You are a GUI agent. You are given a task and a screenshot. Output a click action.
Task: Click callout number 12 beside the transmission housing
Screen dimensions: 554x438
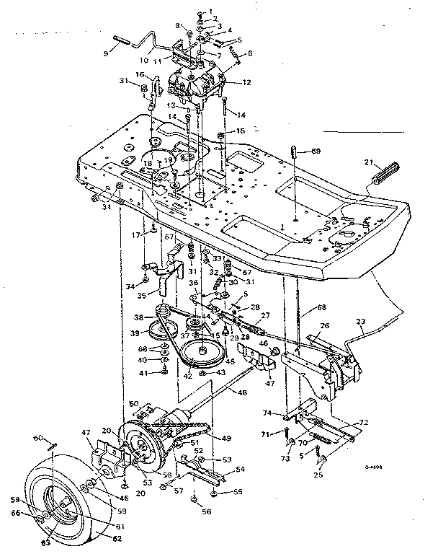(x=246, y=83)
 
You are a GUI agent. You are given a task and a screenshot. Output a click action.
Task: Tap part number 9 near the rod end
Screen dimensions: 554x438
(x=107, y=53)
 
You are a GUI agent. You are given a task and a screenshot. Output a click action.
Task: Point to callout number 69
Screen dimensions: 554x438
(x=316, y=151)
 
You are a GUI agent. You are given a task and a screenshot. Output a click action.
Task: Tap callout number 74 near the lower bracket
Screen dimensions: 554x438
(x=285, y=414)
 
